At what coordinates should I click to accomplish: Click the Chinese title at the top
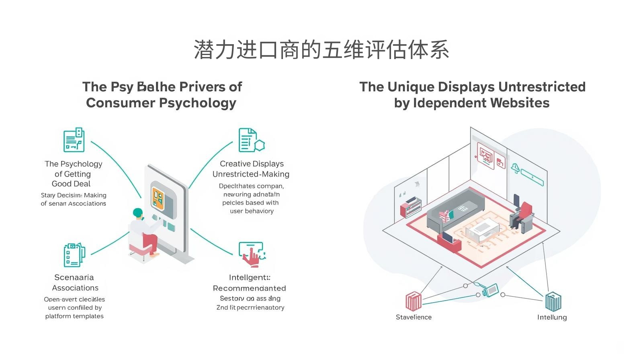pyautogui.click(x=321, y=50)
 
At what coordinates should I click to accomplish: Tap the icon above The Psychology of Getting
pyautogui.click(x=74, y=140)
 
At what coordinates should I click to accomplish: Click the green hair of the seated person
pyautogui.click(x=138, y=213)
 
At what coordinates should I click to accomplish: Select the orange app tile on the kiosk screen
pyautogui.click(x=158, y=197)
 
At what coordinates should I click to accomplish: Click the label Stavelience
pyautogui.click(x=414, y=317)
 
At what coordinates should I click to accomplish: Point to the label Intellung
pyautogui.click(x=552, y=317)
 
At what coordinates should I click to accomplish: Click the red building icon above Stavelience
pyautogui.click(x=414, y=301)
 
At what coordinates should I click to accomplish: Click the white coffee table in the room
pyautogui.click(x=482, y=231)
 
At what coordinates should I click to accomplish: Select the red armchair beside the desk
pyautogui.click(x=525, y=211)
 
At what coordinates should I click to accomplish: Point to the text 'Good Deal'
pyautogui.click(x=71, y=184)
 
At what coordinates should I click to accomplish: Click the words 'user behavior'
pyautogui.click(x=252, y=211)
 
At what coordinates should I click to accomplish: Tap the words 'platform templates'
pyautogui.click(x=74, y=316)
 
